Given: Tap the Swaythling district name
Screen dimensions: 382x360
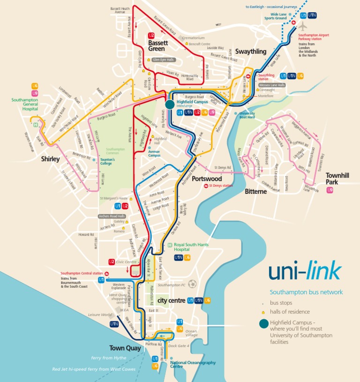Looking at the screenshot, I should coord(250,52).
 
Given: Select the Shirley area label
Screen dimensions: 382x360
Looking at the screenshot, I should coord(50,159).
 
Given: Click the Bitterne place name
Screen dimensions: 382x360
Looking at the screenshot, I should coord(256,191).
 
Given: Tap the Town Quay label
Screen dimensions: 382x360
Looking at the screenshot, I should coord(124,348).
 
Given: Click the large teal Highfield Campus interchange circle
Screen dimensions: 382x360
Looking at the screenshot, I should coord(170,104).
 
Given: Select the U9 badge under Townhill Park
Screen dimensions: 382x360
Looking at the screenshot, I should coord(330,190).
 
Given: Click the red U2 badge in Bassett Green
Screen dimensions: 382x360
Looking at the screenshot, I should coord(151,35).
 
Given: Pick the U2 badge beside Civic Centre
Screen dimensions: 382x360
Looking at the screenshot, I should coord(112,262).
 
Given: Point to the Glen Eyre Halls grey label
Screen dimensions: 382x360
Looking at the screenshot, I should coord(163,60).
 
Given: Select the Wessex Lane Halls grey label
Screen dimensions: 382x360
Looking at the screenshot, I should coord(272,85).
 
